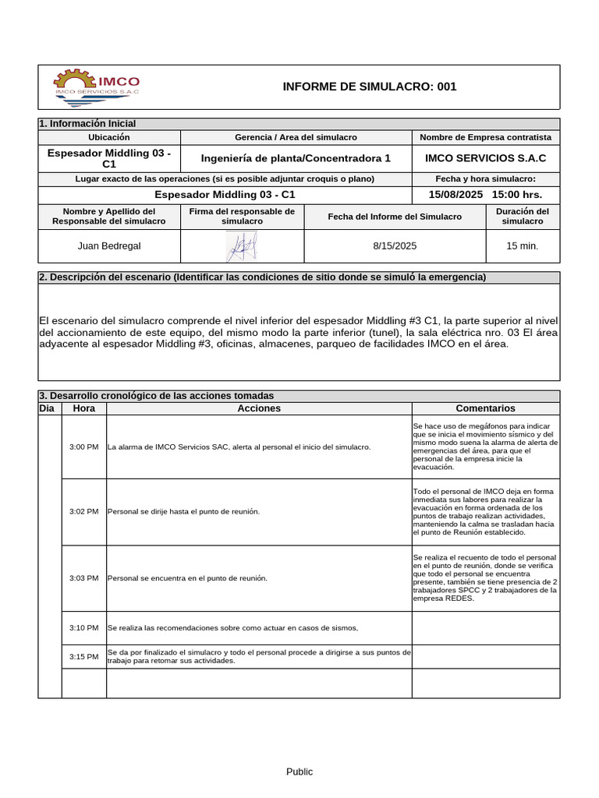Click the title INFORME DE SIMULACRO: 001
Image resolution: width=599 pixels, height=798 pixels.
coord(369,87)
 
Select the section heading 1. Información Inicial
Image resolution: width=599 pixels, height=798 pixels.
coord(87,124)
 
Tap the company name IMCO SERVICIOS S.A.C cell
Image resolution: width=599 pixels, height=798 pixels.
coord(485,158)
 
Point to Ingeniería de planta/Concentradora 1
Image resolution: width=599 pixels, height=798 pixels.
coord(296,158)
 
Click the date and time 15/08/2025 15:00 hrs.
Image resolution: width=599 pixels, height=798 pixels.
coord(485,194)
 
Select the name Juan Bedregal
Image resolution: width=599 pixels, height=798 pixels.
coord(109,246)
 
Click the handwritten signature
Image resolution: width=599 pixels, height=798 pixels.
coord(241,247)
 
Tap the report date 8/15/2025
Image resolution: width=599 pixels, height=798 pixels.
coord(395,246)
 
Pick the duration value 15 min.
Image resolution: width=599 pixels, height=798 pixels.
coord(522,246)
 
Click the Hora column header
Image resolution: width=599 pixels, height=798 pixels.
coord(83,408)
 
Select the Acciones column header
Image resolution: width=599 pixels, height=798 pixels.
coord(259,408)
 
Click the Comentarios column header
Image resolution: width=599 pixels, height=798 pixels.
coord(485,408)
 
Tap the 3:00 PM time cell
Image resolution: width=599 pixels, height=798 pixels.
coord(83,447)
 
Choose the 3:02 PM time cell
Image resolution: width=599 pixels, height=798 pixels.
coord(83,512)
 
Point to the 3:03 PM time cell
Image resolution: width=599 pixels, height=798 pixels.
coord(83,578)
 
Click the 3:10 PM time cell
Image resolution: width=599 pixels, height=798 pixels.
coord(83,628)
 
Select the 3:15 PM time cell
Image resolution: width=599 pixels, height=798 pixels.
coord(83,657)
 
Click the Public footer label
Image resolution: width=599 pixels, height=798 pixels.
coord(299,772)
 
